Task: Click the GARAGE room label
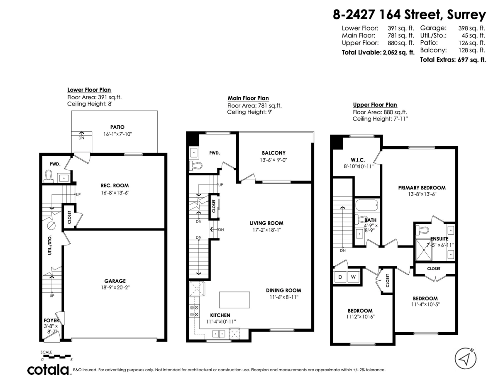(x=115, y=281)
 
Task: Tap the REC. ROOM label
(x=115, y=186)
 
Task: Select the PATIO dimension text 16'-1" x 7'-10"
(x=117, y=134)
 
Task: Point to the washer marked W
(x=353, y=277)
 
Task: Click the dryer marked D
(x=340, y=277)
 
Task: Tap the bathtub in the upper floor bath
(x=367, y=206)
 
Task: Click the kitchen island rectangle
(x=234, y=300)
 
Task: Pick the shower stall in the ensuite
(x=424, y=250)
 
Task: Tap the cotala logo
(x=49, y=370)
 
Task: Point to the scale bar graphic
(x=57, y=356)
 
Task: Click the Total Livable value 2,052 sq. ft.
(x=399, y=52)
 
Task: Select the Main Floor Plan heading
(x=248, y=98)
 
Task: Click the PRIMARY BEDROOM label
(x=422, y=188)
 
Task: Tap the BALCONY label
(x=273, y=153)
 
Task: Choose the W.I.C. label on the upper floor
(x=358, y=160)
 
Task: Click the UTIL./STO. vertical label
(x=50, y=245)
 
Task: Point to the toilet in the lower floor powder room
(x=49, y=176)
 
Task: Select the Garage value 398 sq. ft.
(x=471, y=28)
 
